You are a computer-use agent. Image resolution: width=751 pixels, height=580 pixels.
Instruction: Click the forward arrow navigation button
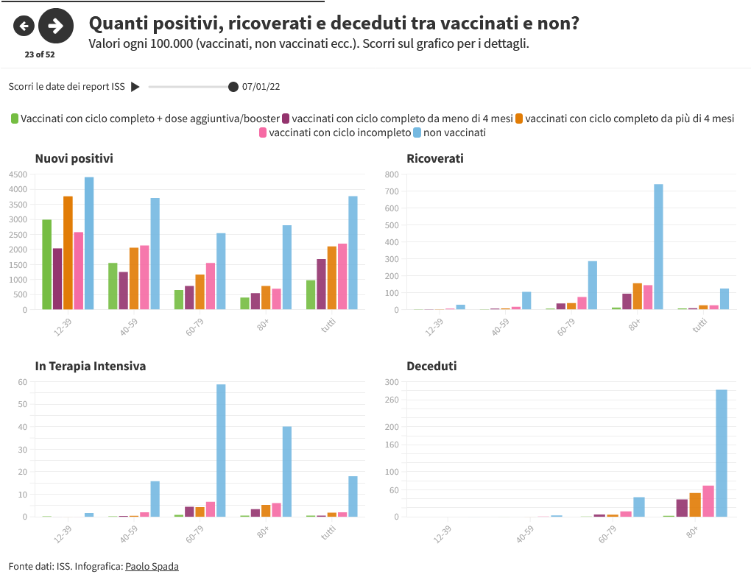(55, 26)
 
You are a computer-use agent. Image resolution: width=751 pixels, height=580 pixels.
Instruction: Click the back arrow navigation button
(24, 26)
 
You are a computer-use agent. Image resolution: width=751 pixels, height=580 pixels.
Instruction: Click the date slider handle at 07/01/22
(233, 87)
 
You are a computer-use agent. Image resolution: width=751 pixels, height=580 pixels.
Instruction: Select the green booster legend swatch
(15, 118)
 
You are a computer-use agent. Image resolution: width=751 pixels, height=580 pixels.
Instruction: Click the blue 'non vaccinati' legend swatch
(417, 132)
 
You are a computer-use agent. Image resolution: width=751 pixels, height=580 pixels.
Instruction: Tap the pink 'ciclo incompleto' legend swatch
(263, 132)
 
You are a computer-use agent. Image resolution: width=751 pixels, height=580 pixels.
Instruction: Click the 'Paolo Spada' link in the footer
(152, 566)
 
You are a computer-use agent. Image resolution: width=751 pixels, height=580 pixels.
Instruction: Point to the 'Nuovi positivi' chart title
(74, 158)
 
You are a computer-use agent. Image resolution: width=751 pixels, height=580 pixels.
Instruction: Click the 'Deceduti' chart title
(431, 366)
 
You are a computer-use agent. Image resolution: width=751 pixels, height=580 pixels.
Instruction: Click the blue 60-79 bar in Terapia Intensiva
(221, 450)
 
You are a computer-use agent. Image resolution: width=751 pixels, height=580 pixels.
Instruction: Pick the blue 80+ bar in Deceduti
(722, 453)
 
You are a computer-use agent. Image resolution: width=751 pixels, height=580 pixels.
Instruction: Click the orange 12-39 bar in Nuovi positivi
(68, 252)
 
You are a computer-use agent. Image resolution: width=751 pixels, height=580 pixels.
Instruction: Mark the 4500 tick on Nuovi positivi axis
(18, 174)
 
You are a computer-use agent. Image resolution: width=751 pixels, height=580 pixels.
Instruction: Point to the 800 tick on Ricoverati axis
(392, 174)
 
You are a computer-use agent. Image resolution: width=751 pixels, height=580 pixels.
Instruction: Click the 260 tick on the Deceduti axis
(391, 400)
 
